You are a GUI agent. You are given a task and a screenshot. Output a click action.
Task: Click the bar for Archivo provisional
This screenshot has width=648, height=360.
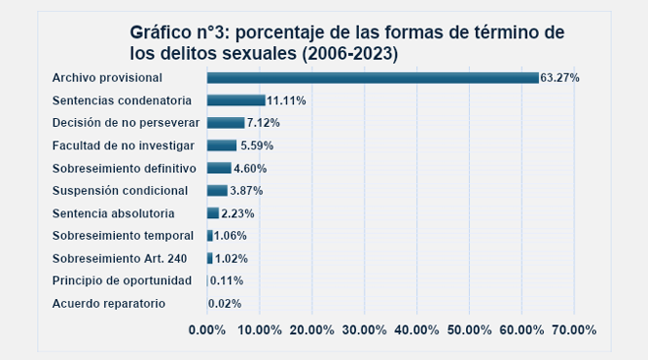(x=373, y=77)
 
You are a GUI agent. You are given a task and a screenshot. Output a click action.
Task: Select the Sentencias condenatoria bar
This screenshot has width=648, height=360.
(x=236, y=99)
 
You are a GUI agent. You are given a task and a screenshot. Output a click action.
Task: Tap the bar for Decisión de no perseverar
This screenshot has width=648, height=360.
(x=225, y=122)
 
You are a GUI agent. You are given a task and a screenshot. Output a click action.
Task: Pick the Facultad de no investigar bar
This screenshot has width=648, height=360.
(x=221, y=145)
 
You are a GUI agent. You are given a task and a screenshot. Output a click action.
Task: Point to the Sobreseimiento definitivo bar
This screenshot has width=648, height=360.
(x=218, y=167)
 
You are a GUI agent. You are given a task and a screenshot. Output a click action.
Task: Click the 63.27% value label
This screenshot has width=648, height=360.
(x=560, y=78)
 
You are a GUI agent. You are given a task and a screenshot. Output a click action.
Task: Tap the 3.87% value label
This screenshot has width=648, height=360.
(x=247, y=191)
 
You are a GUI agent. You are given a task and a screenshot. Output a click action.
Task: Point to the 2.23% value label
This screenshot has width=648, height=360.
(x=238, y=213)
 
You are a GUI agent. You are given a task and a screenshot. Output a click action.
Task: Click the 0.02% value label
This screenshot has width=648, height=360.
(x=225, y=304)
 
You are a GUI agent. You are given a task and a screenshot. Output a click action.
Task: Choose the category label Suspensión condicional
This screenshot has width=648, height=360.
(x=120, y=190)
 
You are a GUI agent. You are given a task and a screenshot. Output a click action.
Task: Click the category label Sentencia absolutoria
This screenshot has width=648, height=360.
(x=114, y=212)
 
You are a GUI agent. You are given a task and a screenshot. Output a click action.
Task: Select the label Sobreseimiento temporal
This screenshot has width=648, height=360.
(x=122, y=235)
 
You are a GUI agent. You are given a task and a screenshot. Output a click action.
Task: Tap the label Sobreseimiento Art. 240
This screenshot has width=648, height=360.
(x=120, y=258)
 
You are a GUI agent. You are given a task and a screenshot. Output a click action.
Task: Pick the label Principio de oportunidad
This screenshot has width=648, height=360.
(x=122, y=280)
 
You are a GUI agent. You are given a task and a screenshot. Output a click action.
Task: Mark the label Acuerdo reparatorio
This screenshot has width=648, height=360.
(x=109, y=303)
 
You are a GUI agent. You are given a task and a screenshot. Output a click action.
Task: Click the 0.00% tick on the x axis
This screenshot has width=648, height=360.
(x=207, y=330)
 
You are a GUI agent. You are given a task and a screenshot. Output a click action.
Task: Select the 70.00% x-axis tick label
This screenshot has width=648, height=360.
(x=573, y=330)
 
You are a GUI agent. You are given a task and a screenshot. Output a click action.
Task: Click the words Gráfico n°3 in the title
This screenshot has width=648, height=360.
(x=182, y=32)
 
